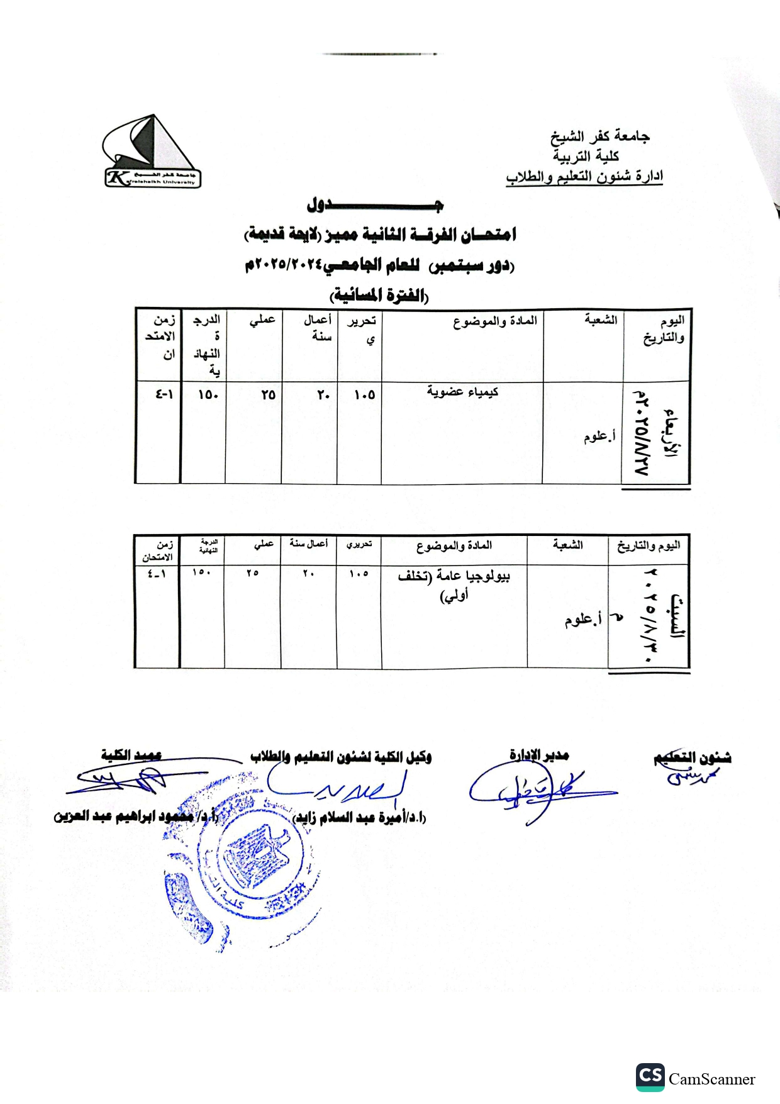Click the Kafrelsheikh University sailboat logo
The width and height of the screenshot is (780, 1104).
(152, 152)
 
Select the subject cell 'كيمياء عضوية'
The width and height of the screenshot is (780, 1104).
(462, 392)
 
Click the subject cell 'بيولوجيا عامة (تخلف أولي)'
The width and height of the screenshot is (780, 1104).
(454, 584)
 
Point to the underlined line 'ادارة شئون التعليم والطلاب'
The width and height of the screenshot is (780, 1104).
(584, 177)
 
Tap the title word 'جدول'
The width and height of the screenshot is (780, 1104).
(375, 205)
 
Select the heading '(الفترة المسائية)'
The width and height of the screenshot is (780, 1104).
(379, 294)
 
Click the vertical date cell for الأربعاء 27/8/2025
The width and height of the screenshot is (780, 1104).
(656, 433)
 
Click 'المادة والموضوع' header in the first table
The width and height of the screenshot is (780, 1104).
(495, 321)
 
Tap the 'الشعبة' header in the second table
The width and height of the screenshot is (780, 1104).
(568, 545)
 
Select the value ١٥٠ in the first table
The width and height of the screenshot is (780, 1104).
(208, 395)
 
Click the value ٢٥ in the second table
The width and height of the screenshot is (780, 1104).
(252, 573)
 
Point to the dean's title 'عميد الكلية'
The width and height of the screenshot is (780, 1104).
(131, 755)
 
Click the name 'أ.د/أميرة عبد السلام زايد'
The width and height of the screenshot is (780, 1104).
(360, 818)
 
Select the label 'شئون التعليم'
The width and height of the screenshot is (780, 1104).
(692, 758)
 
